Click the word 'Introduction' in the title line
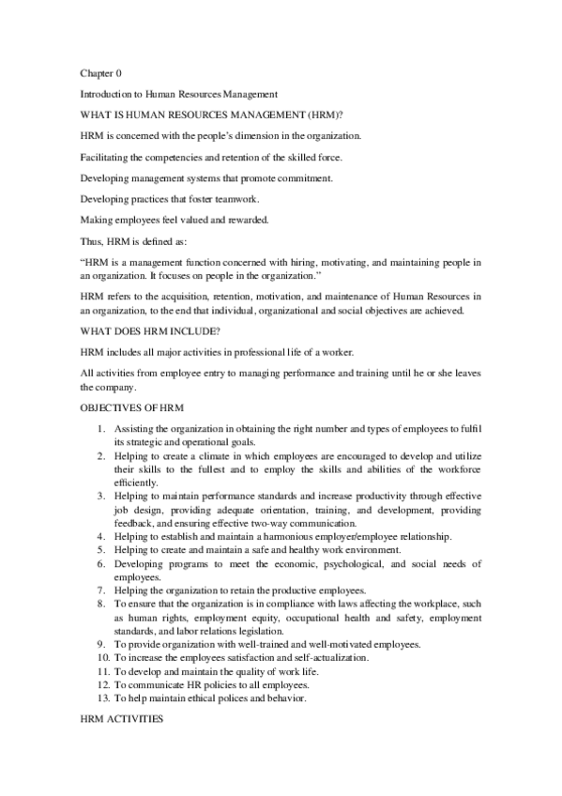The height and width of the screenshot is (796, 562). coord(107,94)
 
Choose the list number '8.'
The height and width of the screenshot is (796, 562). coord(104,604)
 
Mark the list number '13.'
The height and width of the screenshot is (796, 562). coord(102,697)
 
